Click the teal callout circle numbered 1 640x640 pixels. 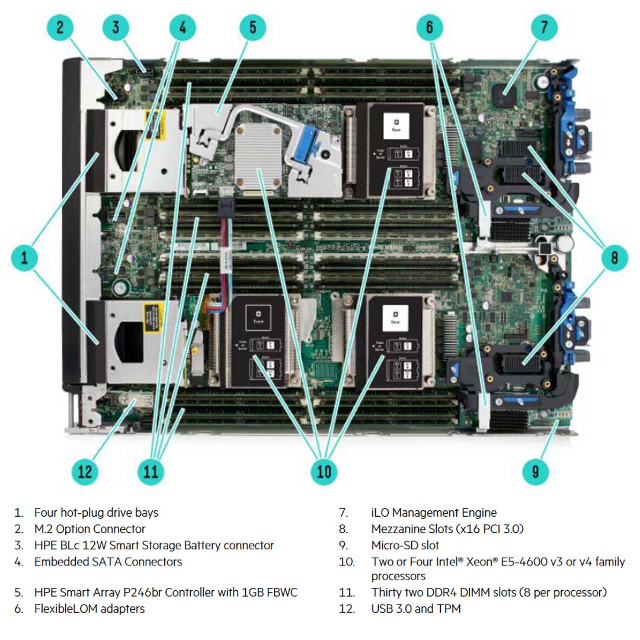click(24, 258)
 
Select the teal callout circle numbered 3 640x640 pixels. click(116, 27)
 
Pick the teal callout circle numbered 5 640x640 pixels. click(253, 27)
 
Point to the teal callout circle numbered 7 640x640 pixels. click(544, 27)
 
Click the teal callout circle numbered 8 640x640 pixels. click(615, 258)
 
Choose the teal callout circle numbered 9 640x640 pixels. click(536, 472)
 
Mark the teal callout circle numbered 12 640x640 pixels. click(85, 472)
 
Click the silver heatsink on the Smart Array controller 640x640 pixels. click(260, 155)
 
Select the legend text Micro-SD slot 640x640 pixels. click(405, 545)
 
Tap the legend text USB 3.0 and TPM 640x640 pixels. click(416, 609)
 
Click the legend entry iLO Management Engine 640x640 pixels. click(434, 513)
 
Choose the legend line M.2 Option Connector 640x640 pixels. click(89, 529)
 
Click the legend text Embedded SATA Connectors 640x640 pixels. click(108, 561)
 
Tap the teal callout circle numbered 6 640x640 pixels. click(430, 27)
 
